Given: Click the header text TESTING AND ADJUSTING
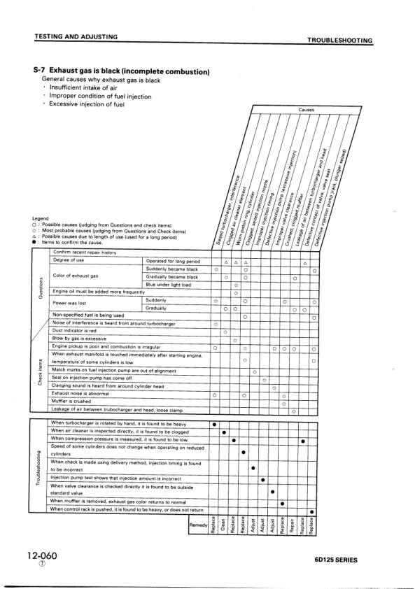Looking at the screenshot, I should pos(75,36).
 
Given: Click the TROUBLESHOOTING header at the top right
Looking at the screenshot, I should pos(339,41).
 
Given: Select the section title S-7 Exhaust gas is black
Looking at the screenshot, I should pos(122,71).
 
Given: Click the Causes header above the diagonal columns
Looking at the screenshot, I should pos(306,110).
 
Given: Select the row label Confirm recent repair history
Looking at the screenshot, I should pos(84,252).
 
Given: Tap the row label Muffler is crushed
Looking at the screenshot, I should pos(71,402).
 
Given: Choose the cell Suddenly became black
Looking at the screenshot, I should pos(171,269).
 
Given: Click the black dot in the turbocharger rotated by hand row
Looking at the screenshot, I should pos(213,424).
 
